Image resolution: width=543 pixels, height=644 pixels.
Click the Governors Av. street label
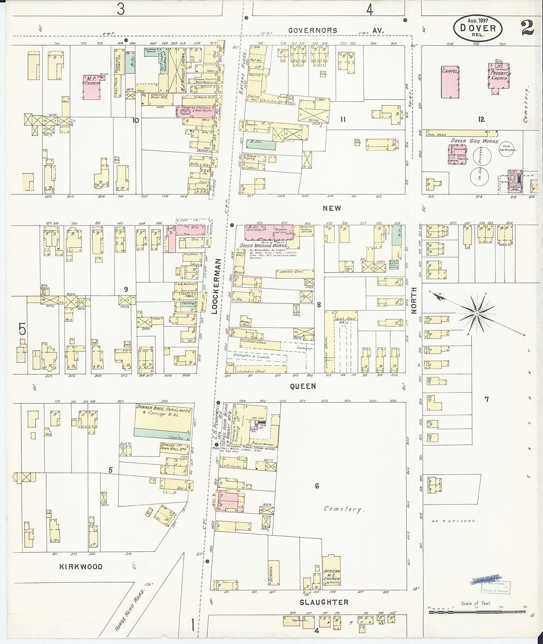tap(336, 30)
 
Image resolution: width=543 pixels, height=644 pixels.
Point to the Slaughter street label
tap(324, 602)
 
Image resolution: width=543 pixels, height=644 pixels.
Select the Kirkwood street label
tap(81, 567)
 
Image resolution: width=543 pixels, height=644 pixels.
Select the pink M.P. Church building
tap(92, 87)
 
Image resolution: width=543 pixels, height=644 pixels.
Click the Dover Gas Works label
tap(465, 141)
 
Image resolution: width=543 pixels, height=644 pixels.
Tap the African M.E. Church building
tap(332, 570)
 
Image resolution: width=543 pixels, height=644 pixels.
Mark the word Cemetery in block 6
tap(344, 509)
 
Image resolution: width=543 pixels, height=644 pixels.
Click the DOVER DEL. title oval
tap(477, 29)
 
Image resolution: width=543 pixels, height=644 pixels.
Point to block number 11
tap(343, 119)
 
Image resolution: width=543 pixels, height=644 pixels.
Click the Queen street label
tap(302, 386)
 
